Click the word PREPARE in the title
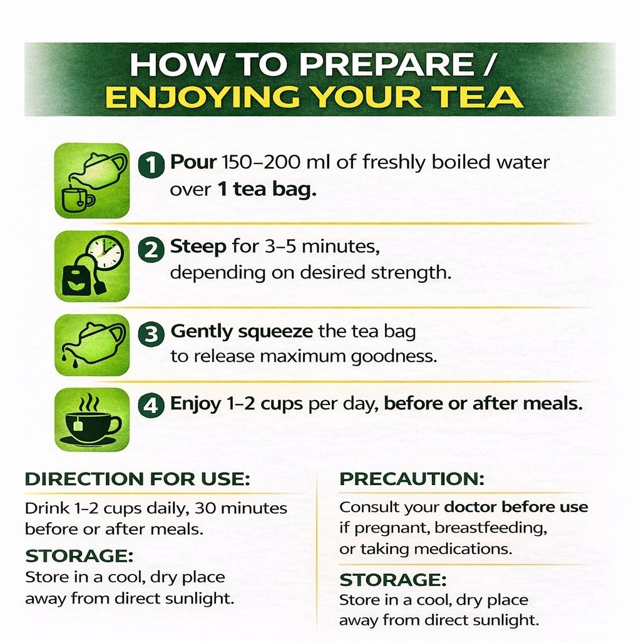coord(386,64)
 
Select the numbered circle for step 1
coord(151,165)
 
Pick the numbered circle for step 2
coord(151,249)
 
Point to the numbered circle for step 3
coord(151,334)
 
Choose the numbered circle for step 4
coord(151,406)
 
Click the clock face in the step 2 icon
coord(105,252)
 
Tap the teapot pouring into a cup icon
coord(92,180)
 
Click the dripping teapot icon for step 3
coord(92,345)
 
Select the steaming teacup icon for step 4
coord(92,419)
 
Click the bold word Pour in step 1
coord(193,162)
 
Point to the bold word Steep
coord(198,247)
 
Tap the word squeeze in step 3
coord(275,331)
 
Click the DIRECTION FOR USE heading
coord(137,479)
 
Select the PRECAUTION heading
coord(412,479)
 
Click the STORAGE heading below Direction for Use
coord(79,556)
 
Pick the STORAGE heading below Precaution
coord(393,580)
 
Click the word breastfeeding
coord(491,528)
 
